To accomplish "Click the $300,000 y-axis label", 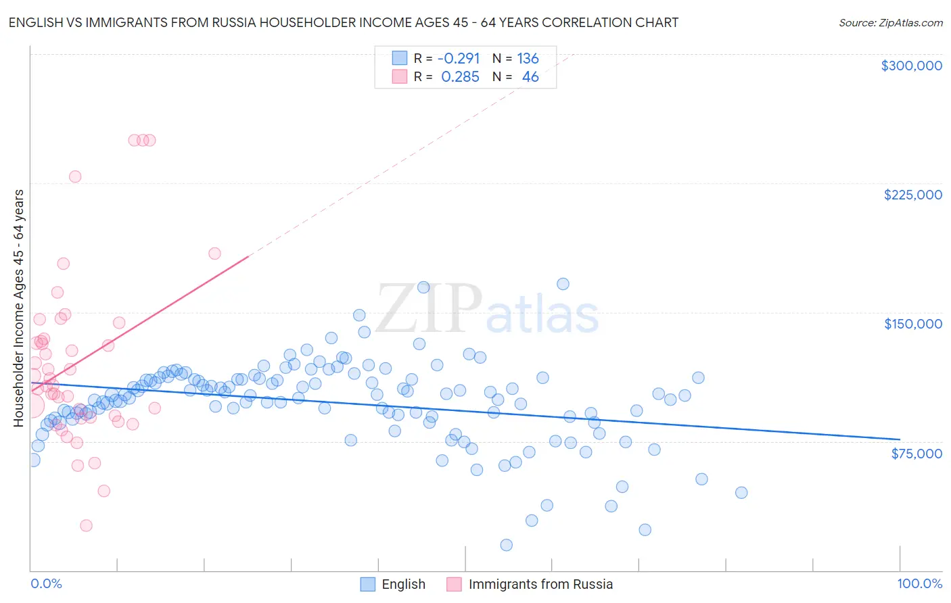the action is (912, 66).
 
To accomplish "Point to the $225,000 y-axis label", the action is (913, 195).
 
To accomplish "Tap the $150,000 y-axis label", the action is (913, 324).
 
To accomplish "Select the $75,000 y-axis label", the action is (917, 454).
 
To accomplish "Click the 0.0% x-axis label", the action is (46, 584).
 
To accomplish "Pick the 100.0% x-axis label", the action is (920, 584).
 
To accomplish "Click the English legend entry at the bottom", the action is (393, 584).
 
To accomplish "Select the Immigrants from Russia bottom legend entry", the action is (530, 584).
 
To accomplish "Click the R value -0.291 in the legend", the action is (458, 58).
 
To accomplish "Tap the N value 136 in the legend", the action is (528, 58).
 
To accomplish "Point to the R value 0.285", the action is (460, 77).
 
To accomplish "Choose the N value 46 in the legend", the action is (530, 77).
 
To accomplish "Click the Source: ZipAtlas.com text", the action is (891, 22).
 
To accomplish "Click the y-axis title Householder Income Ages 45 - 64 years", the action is (19, 308).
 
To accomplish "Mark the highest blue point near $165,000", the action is (563, 284).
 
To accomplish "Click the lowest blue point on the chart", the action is (507, 545).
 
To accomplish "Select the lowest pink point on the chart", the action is (86, 526).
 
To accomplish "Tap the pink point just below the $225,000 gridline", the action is (75, 176).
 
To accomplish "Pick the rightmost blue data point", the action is (741, 493).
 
